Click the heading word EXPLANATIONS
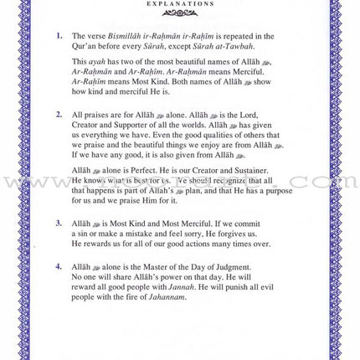pos(179,4)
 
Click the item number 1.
pos(59,36)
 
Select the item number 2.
pos(59,113)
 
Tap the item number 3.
pos(59,224)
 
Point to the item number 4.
pos(59,266)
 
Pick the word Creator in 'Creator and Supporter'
pos(87,123)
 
